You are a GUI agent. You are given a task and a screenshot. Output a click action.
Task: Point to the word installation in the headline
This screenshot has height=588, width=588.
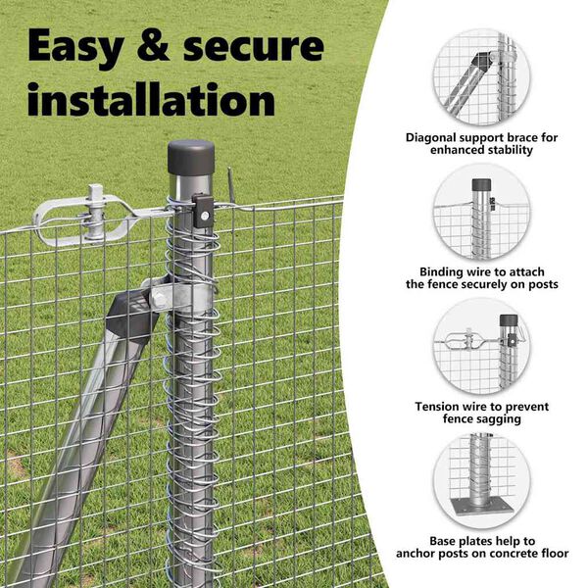[x=151, y=100]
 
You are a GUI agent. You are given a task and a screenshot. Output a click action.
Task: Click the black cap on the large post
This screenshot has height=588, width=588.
[x=190, y=157]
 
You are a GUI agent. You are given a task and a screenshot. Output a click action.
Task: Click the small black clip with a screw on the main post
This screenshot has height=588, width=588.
[x=203, y=211]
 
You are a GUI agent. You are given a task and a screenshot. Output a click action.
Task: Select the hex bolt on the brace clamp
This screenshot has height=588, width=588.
[x=159, y=299]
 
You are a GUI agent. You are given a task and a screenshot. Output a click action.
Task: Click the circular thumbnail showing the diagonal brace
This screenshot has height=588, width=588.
[x=481, y=77]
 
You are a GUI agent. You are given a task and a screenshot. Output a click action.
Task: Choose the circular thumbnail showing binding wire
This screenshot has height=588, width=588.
[x=481, y=212]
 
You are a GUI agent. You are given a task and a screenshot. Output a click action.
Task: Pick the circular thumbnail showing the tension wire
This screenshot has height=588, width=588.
[x=481, y=347]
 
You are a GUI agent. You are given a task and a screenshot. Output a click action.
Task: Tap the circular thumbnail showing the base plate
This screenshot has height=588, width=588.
[x=481, y=481]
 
